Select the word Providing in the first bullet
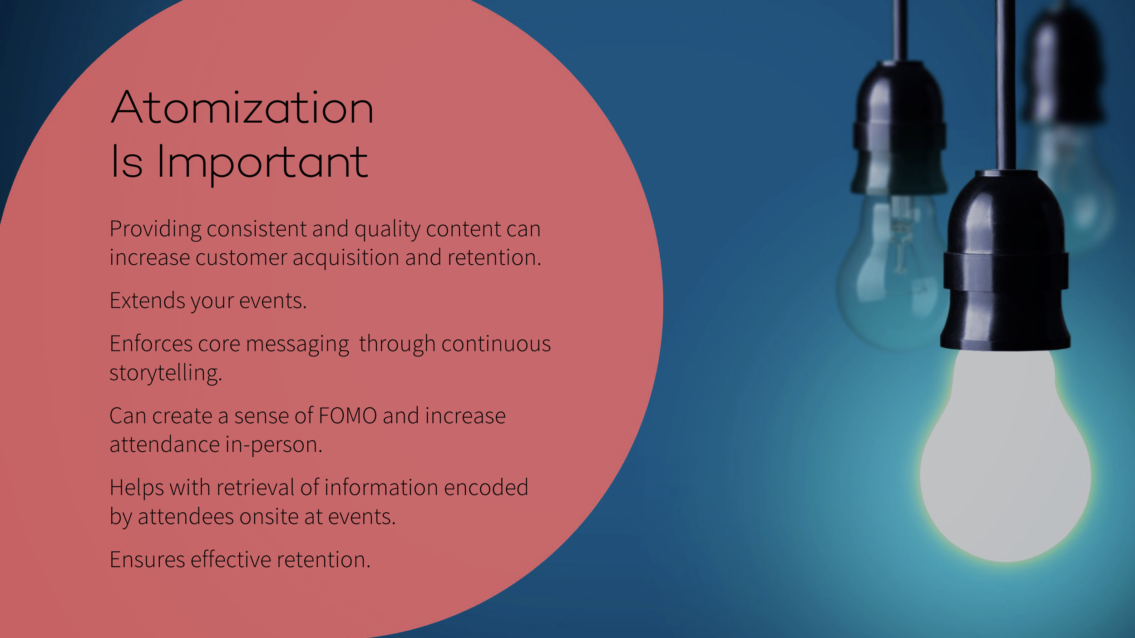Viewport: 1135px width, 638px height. pyautogui.click(x=155, y=229)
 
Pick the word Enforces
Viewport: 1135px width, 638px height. pyautogui.click(x=151, y=344)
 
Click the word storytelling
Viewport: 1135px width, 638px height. pyautogui.click(x=165, y=373)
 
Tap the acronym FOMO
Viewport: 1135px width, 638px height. pyautogui.click(x=348, y=416)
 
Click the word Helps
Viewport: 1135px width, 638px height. pyautogui.click(x=137, y=488)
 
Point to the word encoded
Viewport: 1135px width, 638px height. pyautogui.click(x=486, y=488)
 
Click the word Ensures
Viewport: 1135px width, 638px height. pyautogui.click(x=147, y=560)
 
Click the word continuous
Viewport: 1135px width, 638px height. pyautogui.click(x=496, y=344)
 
